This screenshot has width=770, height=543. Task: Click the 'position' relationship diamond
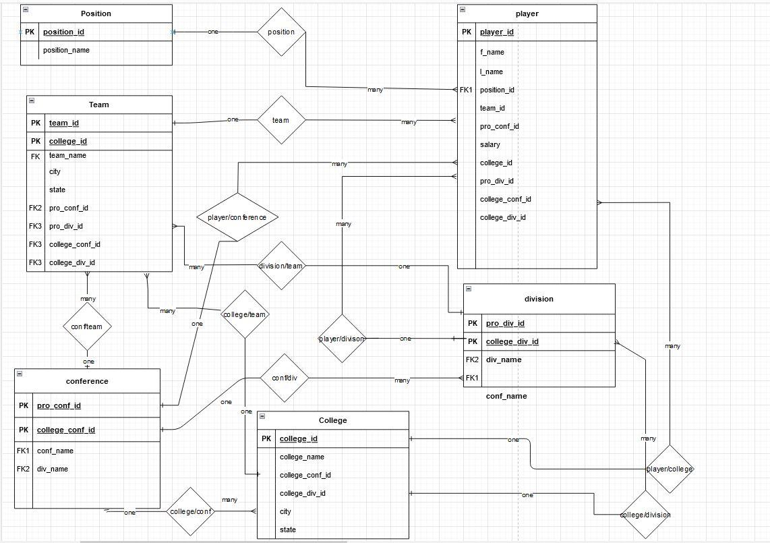(x=281, y=32)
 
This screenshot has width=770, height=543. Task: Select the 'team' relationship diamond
(x=281, y=120)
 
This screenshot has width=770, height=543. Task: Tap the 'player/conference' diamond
(x=237, y=217)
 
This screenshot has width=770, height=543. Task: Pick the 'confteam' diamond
(x=87, y=326)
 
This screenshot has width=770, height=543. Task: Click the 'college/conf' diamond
(x=191, y=512)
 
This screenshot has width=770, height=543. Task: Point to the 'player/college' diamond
(x=670, y=469)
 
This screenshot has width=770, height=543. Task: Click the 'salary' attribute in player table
(x=490, y=144)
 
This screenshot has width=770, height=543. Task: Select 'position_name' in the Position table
(x=66, y=50)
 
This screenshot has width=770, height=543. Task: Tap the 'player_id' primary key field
(x=497, y=32)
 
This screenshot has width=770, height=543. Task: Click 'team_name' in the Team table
(x=67, y=155)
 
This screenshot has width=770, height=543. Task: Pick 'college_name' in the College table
(x=301, y=457)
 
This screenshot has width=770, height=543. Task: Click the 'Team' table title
(x=98, y=105)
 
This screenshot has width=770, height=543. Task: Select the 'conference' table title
(x=87, y=381)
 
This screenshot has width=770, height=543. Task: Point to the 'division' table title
(x=538, y=299)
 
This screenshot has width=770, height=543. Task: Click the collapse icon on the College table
(x=262, y=416)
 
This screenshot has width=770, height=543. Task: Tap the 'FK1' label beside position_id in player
(x=467, y=90)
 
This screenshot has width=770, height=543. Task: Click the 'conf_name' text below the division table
(x=506, y=396)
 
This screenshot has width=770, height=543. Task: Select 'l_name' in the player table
(x=491, y=72)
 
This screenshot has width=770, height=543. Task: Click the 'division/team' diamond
(x=282, y=266)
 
